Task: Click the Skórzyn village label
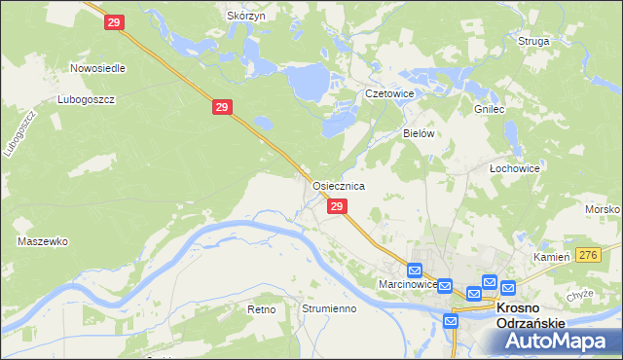tap(245, 17)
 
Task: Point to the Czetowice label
tap(389, 93)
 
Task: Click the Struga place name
tap(534, 41)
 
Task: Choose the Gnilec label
tap(488, 110)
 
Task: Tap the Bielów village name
tap(418, 133)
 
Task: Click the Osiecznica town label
tap(338, 185)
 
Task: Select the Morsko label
tap(603, 210)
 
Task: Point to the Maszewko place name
tap(42, 240)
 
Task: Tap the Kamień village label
tap(551, 256)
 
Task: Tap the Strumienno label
tap(329, 308)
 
